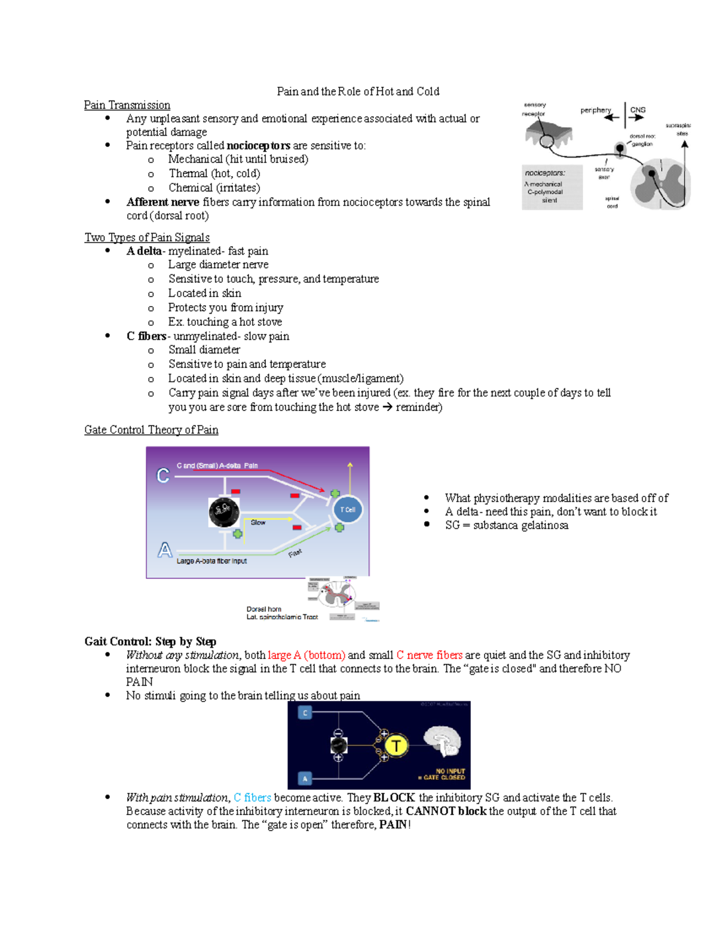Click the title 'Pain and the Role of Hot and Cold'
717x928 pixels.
coord(358,91)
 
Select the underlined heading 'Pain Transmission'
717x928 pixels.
coord(127,105)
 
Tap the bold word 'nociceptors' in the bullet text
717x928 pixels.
coord(258,146)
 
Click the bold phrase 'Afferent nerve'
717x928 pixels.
coord(163,202)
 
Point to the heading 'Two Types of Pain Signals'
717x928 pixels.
coord(147,237)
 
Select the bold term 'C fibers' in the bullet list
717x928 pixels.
coord(146,336)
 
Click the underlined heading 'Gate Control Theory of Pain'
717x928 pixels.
coord(151,430)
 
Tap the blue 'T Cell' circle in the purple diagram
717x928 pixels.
coord(347,510)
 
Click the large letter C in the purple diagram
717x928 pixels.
coord(163,475)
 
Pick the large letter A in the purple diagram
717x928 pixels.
coord(164,550)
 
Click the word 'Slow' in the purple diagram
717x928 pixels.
coord(258,522)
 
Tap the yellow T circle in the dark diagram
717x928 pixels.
coord(396,745)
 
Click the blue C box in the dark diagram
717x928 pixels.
coord(305,713)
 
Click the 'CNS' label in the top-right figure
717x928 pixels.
coord(638,110)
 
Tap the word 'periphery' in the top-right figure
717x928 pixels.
coord(595,110)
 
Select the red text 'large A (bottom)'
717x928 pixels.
coord(307,655)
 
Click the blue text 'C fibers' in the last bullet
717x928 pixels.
coord(252,798)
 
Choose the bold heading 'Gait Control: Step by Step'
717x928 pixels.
coord(150,641)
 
